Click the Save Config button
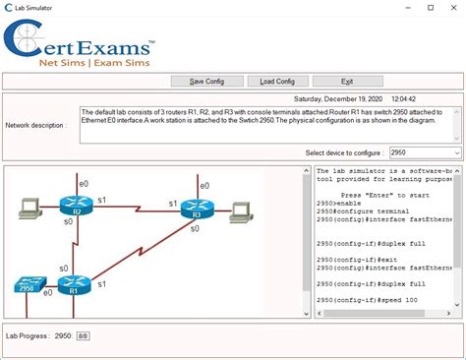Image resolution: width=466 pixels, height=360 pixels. click(206, 81)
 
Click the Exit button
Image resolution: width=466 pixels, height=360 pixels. click(346, 81)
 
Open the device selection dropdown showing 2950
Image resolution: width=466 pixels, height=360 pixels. click(424, 153)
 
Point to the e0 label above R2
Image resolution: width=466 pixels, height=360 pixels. click(84, 184)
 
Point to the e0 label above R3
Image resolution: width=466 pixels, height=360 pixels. click(204, 186)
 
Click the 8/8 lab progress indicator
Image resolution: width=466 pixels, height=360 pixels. click(83, 336)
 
